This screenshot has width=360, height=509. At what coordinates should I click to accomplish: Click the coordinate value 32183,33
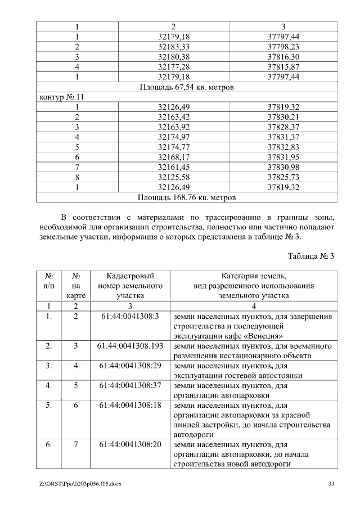click(173, 47)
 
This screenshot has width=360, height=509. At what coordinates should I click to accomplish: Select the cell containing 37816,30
click(283, 57)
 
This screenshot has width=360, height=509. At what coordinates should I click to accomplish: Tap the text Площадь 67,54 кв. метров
click(187, 87)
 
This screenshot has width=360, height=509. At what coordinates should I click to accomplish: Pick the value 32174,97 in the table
click(173, 137)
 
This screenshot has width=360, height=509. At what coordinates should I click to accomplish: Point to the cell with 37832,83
click(283, 147)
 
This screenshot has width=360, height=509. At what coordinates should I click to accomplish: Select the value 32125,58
click(173, 178)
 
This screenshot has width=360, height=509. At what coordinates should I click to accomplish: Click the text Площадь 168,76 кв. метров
click(187, 198)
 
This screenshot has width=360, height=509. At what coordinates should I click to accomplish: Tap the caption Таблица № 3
click(311, 256)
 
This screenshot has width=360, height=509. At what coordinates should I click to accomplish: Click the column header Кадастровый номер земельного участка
click(130, 285)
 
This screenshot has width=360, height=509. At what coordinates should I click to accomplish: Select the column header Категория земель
click(254, 276)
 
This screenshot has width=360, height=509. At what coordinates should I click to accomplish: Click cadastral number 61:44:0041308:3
click(130, 317)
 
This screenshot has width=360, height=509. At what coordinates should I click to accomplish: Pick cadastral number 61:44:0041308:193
click(130, 345)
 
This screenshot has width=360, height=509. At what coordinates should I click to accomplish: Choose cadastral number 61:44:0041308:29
click(130, 366)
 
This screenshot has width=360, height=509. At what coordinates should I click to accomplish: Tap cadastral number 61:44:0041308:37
click(130, 386)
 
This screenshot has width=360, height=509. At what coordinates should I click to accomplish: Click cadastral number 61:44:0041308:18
click(130, 405)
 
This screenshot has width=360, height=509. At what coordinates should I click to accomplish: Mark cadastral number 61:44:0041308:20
click(130, 445)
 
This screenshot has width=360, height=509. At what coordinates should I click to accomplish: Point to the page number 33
click(331, 484)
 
